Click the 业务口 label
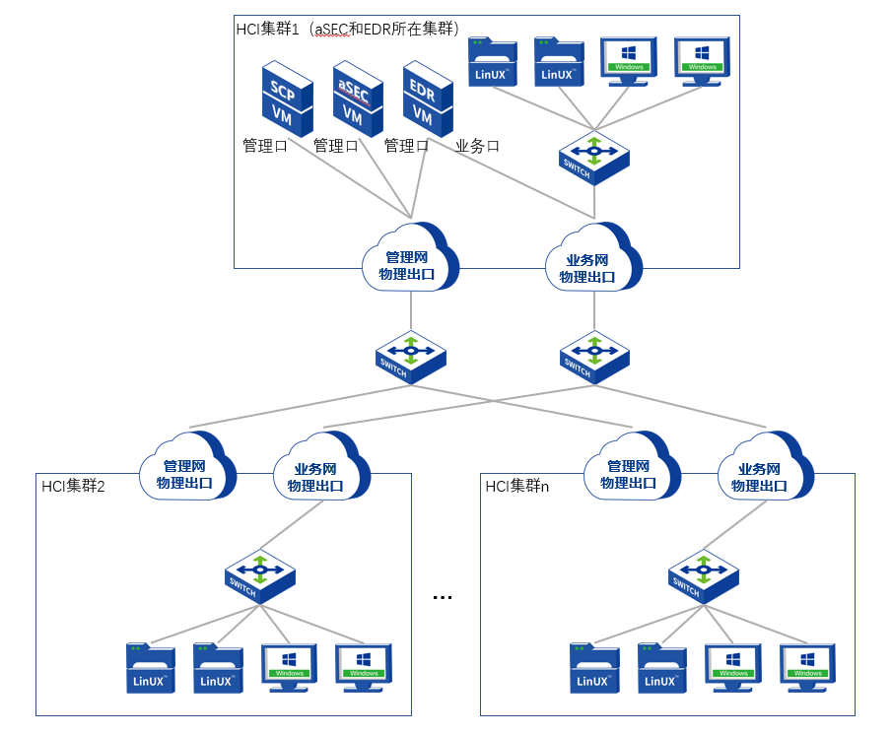pos(478,146)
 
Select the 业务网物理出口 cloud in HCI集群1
pos(592,261)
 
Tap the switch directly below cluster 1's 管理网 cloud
pos(410,356)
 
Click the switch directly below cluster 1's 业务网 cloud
pos(594,356)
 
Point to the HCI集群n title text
pos(516,486)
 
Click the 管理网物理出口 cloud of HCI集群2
pos(188,467)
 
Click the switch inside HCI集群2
pos(259,575)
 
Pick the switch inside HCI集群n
pos(703,575)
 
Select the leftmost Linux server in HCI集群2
pos(150,667)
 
